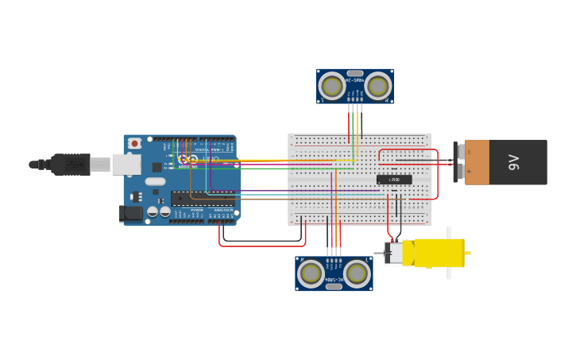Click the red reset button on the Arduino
[x=135, y=143]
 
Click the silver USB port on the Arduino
[x=126, y=165]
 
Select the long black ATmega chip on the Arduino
[x=202, y=198]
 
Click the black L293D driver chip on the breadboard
[x=394, y=180]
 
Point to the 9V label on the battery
[x=513, y=163]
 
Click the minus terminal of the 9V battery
[x=459, y=152]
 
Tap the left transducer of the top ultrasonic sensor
[x=331, y=86]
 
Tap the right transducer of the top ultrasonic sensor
[x=378, y=86]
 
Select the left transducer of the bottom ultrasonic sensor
[x=311, y=273]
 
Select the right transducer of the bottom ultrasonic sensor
[x=357, y=273]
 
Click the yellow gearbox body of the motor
[x=437, y=253]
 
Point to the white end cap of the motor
[x=393, y=253]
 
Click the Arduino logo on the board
[x=187, y=160]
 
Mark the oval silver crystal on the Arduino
[x=155, y=181]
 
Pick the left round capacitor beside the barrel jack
[x=153, y=211]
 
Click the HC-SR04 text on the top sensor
[x=354, y=80]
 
